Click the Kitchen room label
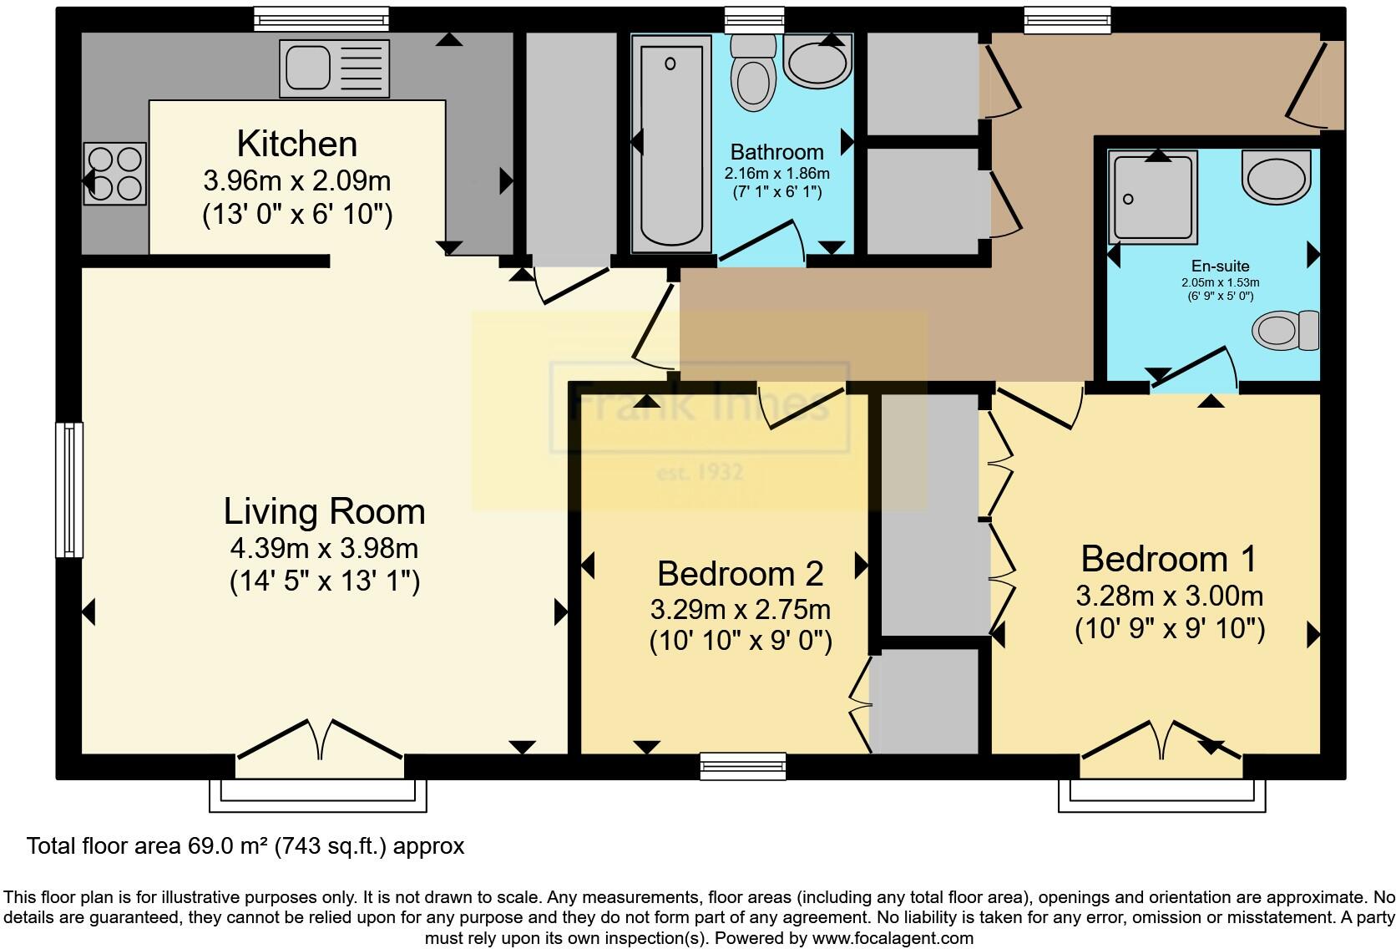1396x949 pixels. (297, 144)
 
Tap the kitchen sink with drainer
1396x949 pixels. (335, 68)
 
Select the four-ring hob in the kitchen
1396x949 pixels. (115, 174)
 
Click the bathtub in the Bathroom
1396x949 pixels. (670, 142)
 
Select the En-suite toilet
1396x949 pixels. (1286, 330)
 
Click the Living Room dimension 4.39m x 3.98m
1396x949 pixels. (324, 549)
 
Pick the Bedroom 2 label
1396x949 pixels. (740, 573)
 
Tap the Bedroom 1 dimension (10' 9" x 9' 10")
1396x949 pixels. (1169, 628)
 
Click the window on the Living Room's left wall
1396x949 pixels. (69, 490)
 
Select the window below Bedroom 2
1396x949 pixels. (742, 765)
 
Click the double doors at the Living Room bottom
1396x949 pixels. (320, 739)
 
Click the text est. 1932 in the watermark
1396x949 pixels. (700, 473)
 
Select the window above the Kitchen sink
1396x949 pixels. (321, 18)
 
